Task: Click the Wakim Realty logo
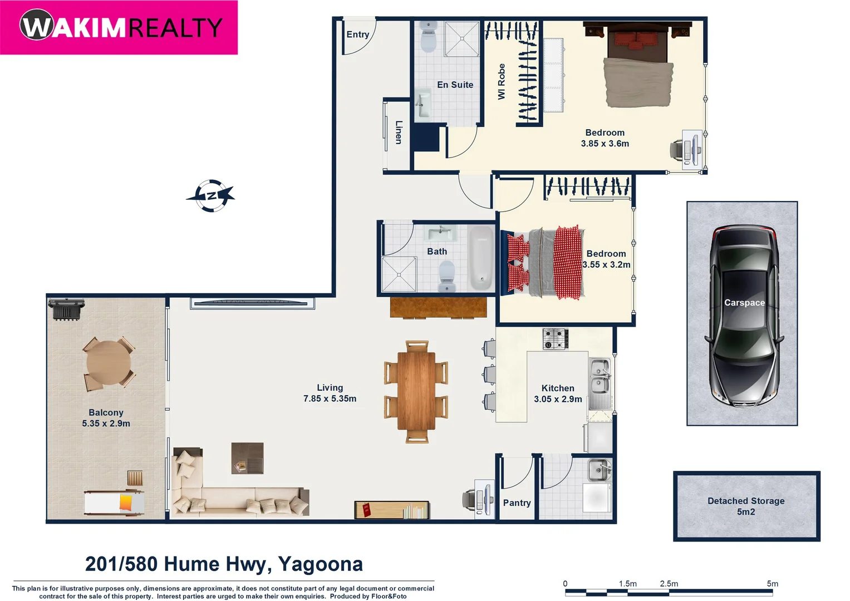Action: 120,27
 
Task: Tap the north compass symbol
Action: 211,196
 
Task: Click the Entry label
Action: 357,35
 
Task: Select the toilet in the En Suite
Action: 428,37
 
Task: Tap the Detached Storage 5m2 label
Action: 746,506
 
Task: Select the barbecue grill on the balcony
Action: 66,309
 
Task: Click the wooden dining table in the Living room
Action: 416,391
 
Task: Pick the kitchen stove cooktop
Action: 555,338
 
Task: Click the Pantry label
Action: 517,503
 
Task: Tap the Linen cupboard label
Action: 399,132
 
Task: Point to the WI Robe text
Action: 502,82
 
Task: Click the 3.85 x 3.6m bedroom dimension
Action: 605,144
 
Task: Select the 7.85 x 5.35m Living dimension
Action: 330,398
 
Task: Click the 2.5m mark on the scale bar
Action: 669,584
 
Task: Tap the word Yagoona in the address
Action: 320,564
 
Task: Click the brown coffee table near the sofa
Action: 247,458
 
